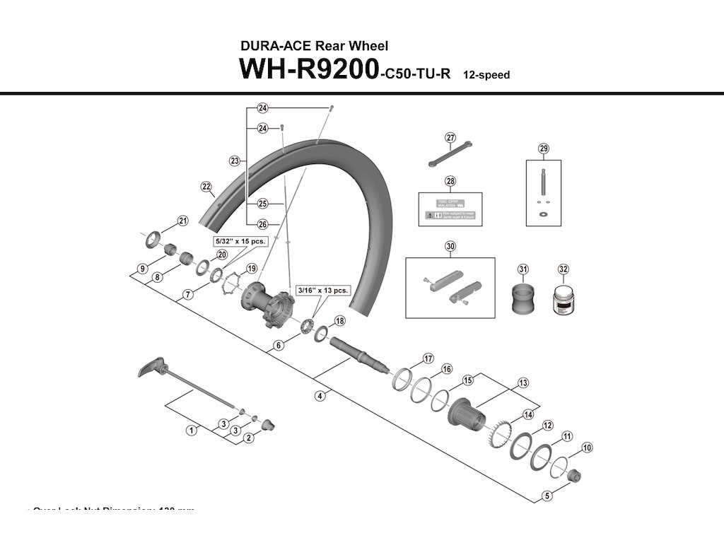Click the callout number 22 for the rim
pyautogui.click(x=206, y=187)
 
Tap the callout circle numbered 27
pyautogui.click(x=450, y=138)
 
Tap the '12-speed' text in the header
pyautogui.click(x=486, y=75)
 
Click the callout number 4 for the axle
pyautogui.click(x=320, y=396)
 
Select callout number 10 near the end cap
pyautogui.click(x=588, y=448)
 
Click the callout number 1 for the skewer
pyautogui.click(x=191, y=430)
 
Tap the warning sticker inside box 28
pyautogui.click(x=450, y=214)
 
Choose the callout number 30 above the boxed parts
pyautogui.click(x=450, y=247)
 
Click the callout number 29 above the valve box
pyautogui.click(x=543, y=148)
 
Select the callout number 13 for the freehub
pyautogui.click(x=523, y=383)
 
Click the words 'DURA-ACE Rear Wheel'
pyautogui.click(x=314, y=46)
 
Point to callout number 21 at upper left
pyautogui.click(x=183, y=221)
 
